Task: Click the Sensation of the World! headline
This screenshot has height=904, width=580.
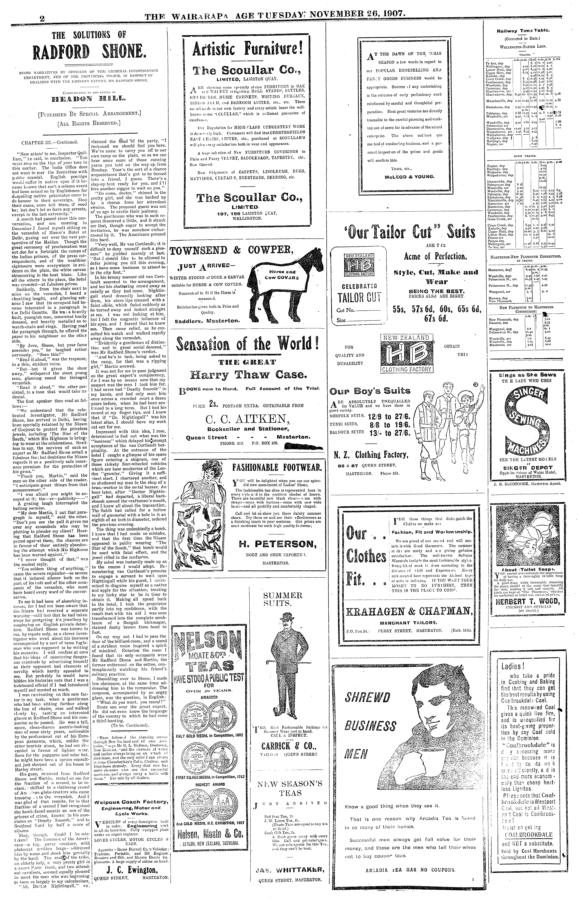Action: (248, 344)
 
